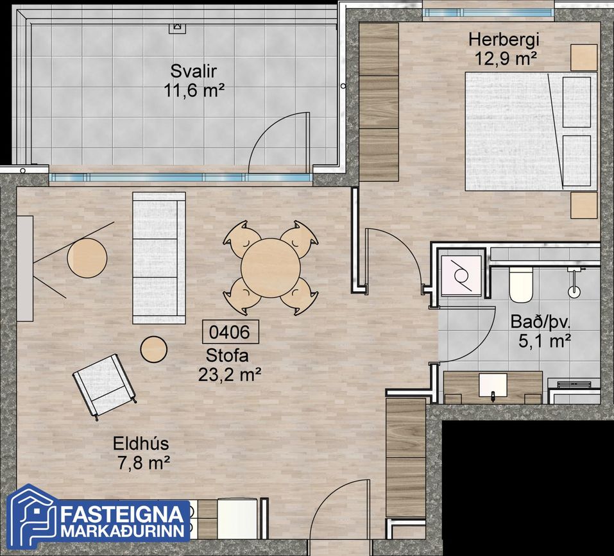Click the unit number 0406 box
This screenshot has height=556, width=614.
[x=230, y=332]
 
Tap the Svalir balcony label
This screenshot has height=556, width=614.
[x=194, y=71]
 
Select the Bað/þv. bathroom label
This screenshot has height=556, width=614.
[x=540, y=322]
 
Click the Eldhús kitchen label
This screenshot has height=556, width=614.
[x=141, y=444]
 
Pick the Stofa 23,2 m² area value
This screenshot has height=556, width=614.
[x=230, y=375]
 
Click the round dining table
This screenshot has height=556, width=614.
[x=271, y=268]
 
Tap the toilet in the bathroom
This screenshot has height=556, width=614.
[x=521, y=285]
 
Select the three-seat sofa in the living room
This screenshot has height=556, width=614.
[x=159, y=258]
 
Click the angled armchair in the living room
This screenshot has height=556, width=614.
[x=104, y=385]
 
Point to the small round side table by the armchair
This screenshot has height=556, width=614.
[x=154, y=350]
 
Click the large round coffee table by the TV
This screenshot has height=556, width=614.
[x=87, y=258]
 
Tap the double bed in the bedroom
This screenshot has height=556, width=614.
[x=531, y=131]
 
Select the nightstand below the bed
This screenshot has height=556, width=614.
[x=584, y=205]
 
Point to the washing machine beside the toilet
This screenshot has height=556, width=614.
[x=461, y=276]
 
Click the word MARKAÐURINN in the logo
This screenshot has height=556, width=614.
[x=123, y=531]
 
